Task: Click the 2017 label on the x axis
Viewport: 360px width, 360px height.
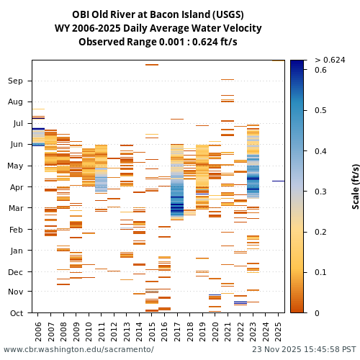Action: click(x=177, y=330)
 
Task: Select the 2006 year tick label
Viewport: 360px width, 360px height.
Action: click(x=38, y=330)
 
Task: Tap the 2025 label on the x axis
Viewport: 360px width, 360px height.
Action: click(x=278, y=330)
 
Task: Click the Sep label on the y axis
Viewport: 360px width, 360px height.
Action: click(x=16, y=81)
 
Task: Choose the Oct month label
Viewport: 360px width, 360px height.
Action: click(x=16, y=312)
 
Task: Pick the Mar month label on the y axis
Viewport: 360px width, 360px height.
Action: click(x=16, y=208)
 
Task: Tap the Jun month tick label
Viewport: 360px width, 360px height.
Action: click(x=16, y=144)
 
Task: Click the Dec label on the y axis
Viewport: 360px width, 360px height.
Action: click(x=16, y=271)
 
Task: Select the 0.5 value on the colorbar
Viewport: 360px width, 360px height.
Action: click(x=321, y=110)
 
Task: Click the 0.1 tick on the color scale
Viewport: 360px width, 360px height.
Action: click(x=321, y=272)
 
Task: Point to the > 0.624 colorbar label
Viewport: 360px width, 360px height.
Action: click(x=330, y=60)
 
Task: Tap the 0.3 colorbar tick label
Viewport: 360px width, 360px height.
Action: click(x=321, y=192)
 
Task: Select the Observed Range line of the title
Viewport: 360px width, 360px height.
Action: click(x=158, y=42)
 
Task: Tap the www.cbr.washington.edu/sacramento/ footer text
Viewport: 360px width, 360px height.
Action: click(x=78, y=349)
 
